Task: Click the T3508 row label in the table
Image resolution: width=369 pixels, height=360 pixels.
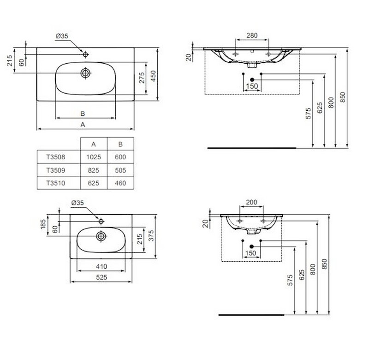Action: [55, 157]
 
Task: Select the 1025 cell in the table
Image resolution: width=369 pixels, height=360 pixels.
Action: [94, 157]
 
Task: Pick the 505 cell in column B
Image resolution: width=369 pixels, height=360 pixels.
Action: [120, 170]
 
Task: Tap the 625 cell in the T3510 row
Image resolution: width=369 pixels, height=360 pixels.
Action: [94, 183]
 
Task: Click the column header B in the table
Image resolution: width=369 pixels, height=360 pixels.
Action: [120, 144]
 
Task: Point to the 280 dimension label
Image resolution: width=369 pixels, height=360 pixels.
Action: [252, 36]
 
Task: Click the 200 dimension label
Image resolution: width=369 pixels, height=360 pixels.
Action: [251, 202]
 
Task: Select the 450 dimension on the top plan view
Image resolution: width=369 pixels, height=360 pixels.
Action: [153, 76]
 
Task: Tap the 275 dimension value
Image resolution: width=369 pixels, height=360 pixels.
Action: [142, 78]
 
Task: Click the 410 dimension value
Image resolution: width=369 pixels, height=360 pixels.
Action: [101, 266]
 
